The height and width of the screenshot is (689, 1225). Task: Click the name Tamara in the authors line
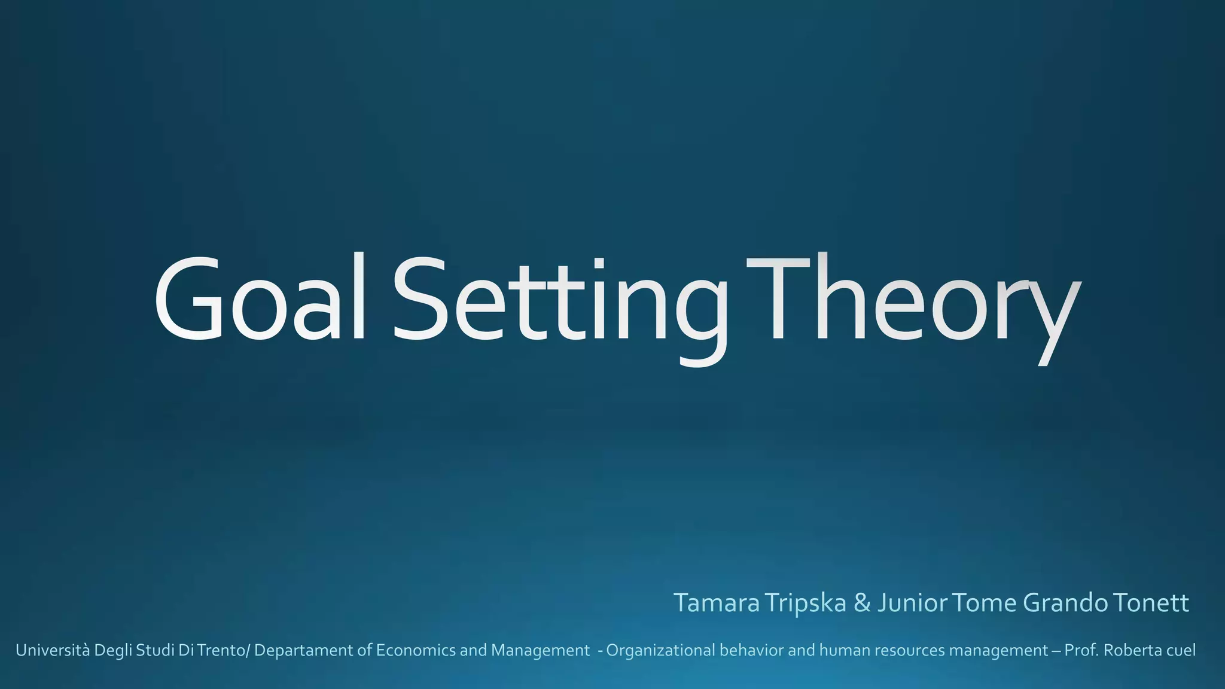pos(717,603)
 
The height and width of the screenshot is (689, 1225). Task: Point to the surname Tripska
pos(805,603)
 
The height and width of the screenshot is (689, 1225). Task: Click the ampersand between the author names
pos(862,603)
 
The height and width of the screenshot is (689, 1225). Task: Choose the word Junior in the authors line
pos(913,603)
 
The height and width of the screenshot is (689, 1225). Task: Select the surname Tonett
pos(1151,603)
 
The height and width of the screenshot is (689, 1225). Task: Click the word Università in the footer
pos(53,650)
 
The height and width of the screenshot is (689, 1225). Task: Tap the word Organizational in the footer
pos(660,650)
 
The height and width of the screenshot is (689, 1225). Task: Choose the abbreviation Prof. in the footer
pos(1081,650)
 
